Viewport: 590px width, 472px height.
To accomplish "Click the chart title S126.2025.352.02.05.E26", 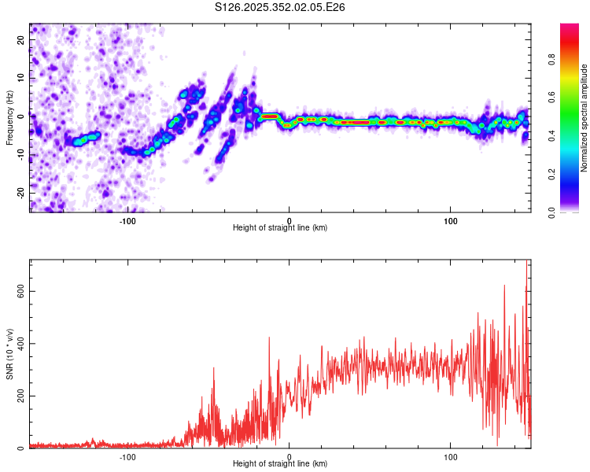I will [x=280, y=7].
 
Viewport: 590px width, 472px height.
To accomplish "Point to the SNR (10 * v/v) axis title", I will [x=10, y=355].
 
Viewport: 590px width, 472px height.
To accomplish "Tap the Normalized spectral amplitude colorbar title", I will [x=584, y=118].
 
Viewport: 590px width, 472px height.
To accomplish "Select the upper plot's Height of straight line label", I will [x=280, y=227].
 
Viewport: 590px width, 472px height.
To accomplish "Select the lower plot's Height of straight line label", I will [x=280, y=463].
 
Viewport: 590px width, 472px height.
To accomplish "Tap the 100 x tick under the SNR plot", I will [x=451, y=456].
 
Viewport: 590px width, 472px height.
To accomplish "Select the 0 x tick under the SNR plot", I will [x=289, y=456].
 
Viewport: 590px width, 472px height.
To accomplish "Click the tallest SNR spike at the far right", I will [x=526, y=264].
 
